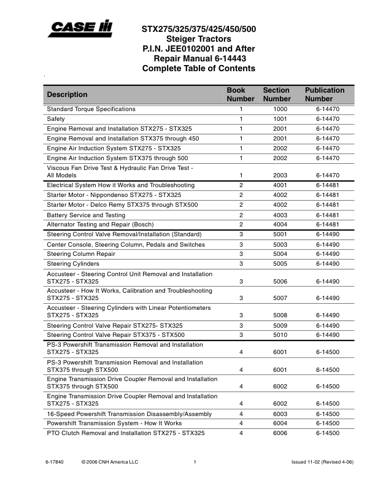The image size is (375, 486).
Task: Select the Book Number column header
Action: (x=241, y=94)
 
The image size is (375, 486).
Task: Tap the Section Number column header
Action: (x=276, y=94)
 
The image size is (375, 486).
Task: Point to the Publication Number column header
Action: (x=325, y=94)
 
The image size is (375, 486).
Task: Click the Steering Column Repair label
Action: (x=81, y=254)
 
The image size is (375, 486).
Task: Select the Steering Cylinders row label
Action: (x=73, y=264)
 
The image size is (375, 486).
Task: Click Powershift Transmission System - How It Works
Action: (x=114, y=423)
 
